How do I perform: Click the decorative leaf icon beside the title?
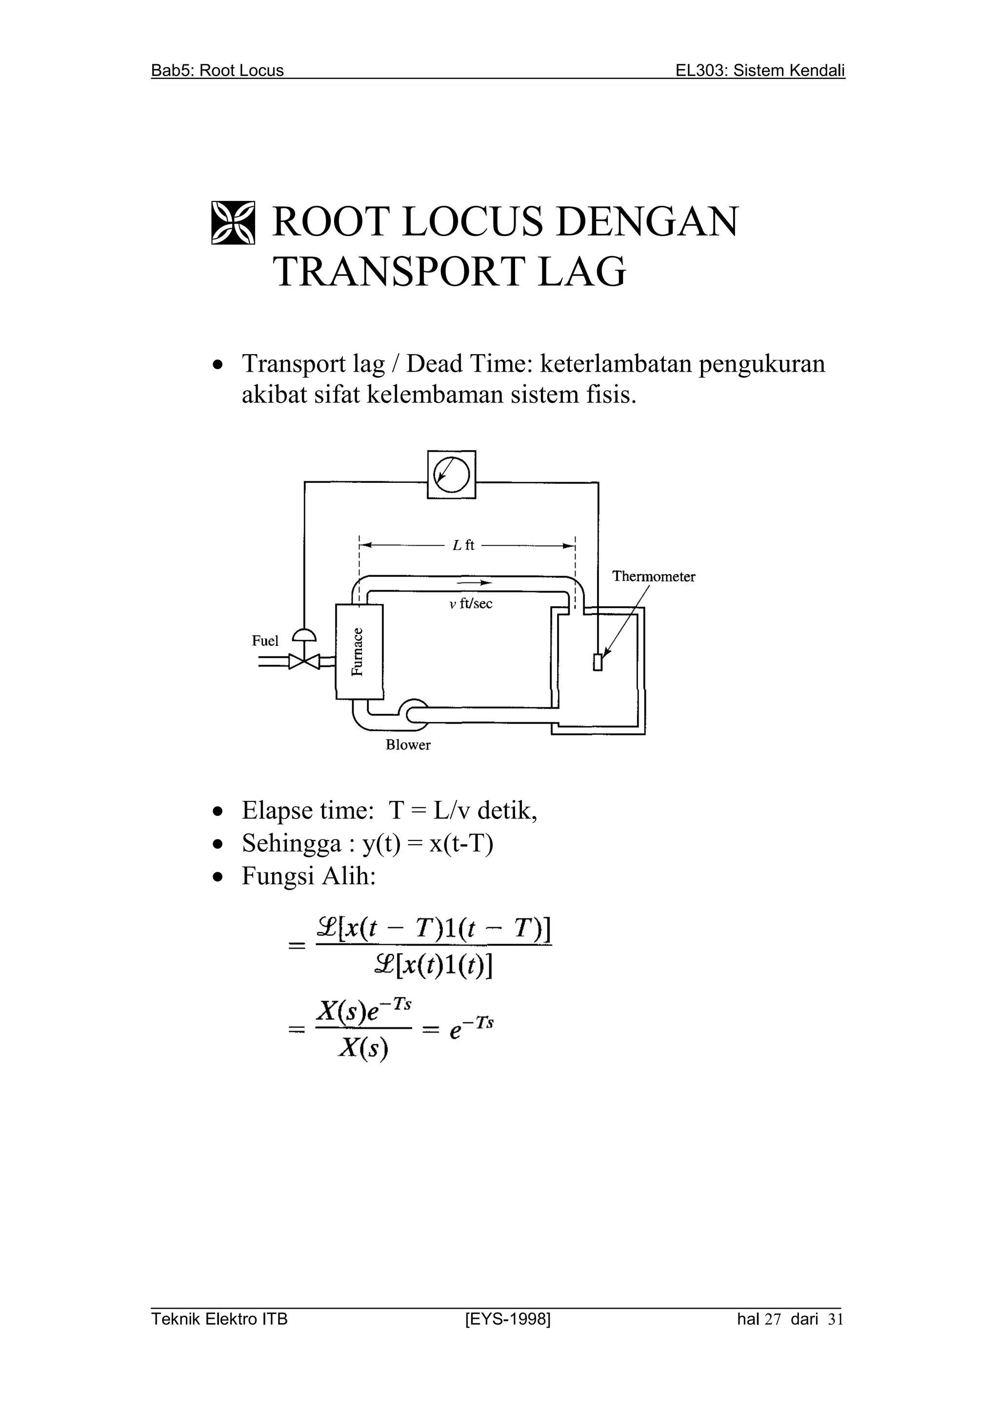pos(233,222)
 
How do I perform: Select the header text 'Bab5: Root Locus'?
pos(218,71)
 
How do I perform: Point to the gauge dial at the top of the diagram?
pos(452,474)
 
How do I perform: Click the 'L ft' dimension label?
pos(463,545)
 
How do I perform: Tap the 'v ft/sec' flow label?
pos(471,604)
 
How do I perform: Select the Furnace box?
pos(359,652)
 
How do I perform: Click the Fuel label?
pos(265,641)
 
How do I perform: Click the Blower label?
pos(408,745)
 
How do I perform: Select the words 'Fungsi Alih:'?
pos(308,876)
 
